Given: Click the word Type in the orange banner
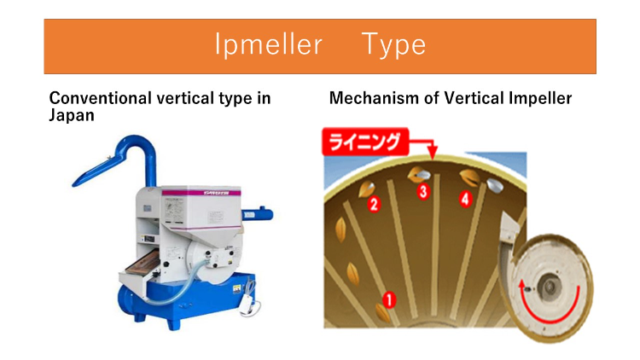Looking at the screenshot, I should tap(393, 44).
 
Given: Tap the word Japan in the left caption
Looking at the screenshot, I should tap(72, 114).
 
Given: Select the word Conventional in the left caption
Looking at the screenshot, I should tap(99, 98).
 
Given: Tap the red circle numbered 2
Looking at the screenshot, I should tap(373, 204).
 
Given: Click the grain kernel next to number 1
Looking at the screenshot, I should tap(381, 314).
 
